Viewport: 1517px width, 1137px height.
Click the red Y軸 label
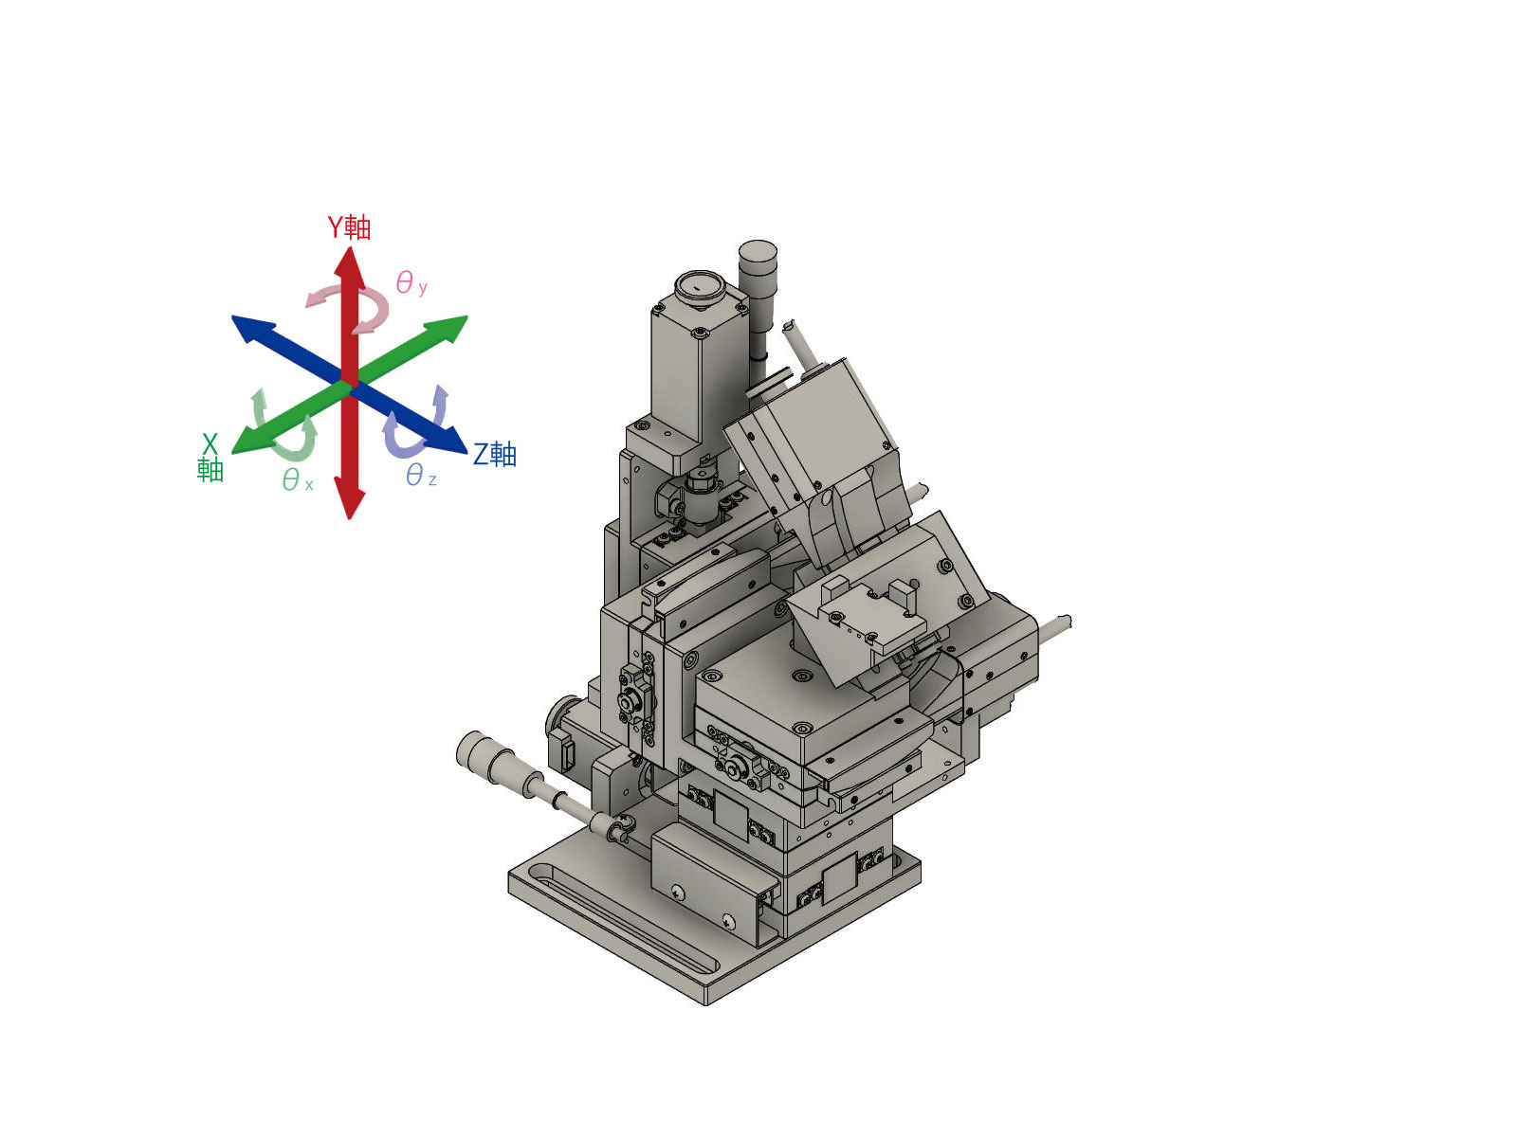point(348,227)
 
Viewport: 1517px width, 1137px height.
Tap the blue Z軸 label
point(494,454)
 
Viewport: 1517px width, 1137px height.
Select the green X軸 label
point(210,457)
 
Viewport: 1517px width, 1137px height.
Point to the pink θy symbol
point(411,283)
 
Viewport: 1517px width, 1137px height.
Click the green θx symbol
point(297,479)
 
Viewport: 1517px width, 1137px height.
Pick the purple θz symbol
point(421,476)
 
